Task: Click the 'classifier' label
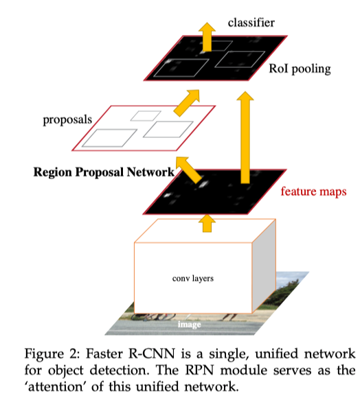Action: click(251, 23)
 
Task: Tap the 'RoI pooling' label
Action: click(300, 69)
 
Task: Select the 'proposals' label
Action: click(67, 119)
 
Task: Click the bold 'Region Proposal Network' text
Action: click(104, 172)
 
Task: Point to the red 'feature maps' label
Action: click(313, 191)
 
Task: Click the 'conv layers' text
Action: click(193, 279)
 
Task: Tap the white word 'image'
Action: click(190, 324)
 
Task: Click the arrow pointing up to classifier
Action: click(207, 37)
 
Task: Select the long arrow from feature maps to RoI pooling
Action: click(245, 137)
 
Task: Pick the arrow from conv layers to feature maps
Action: click(207, 223)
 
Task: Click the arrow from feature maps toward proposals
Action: click(189, 170)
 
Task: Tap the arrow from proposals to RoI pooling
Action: click(187, 103)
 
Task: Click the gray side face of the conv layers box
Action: click(264, 266)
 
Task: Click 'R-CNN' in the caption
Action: click(152, 353)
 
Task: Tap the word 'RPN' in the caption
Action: click(199, 370)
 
